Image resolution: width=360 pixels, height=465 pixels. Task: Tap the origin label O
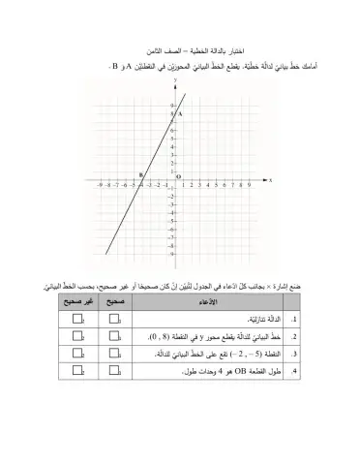pyautogui.click(x=179, y=176)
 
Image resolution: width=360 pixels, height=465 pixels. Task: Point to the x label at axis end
pyautogui.click(x=270, y=180)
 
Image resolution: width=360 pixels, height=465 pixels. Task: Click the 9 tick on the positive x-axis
pyautogui.click(x=250, y=184)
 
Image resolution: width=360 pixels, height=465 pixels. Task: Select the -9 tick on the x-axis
pyautogui.click(x=99, y=184)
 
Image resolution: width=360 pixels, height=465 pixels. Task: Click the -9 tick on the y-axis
pyautogui.click(x=171, y=255)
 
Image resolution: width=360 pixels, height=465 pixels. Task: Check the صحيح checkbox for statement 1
pyautogui.click(x=116, y=317)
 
